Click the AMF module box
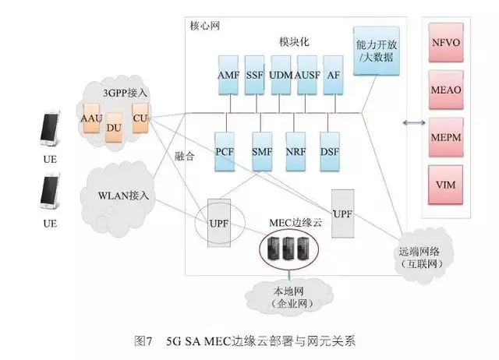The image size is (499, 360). point(228,75)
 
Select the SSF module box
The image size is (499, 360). point(254,75)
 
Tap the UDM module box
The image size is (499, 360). point(279,75)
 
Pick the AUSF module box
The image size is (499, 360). point(306,75)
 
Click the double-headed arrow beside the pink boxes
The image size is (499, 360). point(410,122)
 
